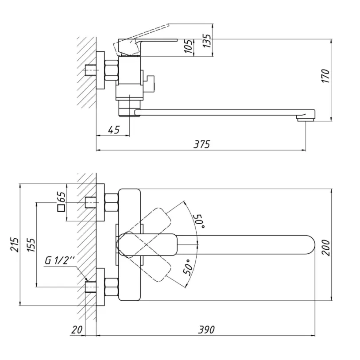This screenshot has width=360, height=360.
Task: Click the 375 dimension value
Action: pos(201,144)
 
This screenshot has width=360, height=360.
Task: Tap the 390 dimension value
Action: pos(206,330)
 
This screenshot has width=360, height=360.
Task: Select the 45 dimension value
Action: pos(114,130)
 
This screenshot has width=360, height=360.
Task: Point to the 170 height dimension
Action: pos(326,76)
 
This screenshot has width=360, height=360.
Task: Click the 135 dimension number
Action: pos(207,41)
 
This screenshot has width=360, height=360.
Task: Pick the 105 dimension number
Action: pos(189,46)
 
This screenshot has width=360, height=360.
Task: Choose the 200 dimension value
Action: pos(326,248)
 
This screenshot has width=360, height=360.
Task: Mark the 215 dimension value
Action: pos(15,245)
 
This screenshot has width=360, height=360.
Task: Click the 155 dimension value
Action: pos(31,245)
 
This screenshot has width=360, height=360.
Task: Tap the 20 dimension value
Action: pos(77,330)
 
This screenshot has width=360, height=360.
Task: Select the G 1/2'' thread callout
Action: pos(60,260)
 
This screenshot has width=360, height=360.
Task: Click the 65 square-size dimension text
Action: pos(62,197)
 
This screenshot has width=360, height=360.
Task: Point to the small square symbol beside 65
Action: pos(62,208)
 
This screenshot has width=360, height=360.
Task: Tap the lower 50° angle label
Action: pos(188,267)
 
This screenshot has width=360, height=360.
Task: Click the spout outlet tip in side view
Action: pos(306,119)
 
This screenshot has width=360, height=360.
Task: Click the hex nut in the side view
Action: pos(112,70)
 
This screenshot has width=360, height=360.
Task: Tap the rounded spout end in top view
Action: pos(310,245)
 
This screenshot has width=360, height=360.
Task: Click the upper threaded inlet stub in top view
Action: pos(91,202)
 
